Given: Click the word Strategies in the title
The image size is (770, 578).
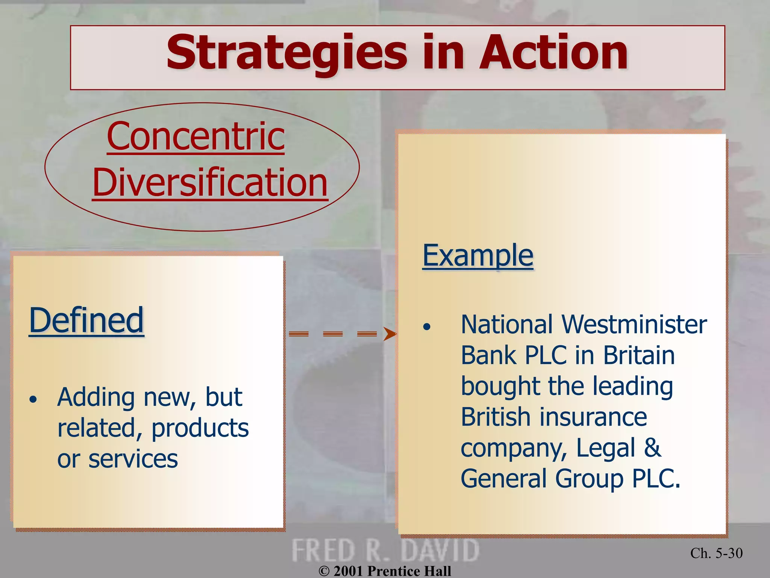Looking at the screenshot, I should coord(286,53).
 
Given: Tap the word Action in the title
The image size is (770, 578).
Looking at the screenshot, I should coord(553,53).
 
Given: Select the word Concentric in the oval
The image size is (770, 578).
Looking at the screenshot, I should coord(196,136).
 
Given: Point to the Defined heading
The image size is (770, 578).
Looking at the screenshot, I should coord(86,320).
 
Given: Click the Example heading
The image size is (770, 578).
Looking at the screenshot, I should coord(477,256).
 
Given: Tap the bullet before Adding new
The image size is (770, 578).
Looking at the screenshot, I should coord(33,400).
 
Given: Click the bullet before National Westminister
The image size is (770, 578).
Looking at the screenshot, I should coord(426,327).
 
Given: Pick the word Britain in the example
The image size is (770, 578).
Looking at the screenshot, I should coord(639,355).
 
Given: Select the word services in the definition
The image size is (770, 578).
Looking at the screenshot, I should coord(133,459).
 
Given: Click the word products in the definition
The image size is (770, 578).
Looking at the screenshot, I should coord(200,428).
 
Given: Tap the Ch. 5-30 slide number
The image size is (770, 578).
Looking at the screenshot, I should coord(716,553).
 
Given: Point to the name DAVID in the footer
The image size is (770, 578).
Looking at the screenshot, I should coord(440,551).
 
